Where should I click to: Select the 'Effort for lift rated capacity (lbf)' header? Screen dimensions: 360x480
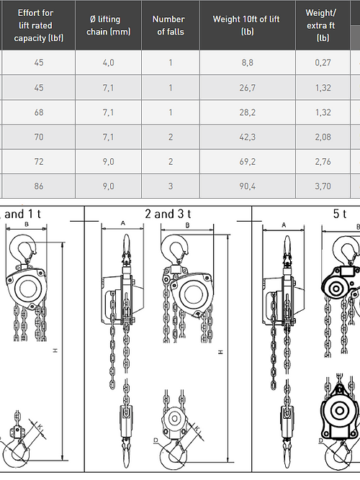click(x=38, y=25)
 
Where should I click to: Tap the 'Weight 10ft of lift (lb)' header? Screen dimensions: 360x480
click(x=247, y=25)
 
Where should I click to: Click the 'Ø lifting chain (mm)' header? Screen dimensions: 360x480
click(x=109, y=25)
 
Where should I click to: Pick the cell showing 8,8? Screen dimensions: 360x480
click(x=247, y=63)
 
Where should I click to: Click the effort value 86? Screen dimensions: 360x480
click(x=39, y=186)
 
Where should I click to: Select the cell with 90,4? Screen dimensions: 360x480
click(x=247, y=186)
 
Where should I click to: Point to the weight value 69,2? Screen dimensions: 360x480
click(x=247, y=162)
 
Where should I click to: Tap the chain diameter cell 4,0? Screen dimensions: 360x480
click(x=108, y=63)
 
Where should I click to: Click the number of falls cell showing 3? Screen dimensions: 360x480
click(x=171, y=186)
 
